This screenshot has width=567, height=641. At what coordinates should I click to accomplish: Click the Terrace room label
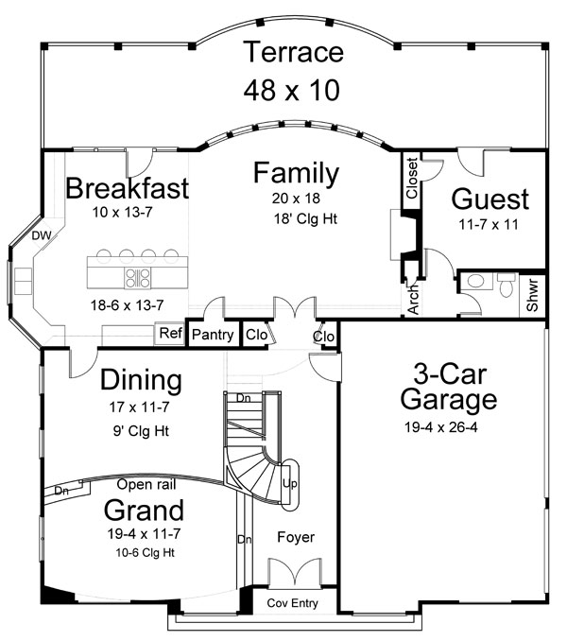292,53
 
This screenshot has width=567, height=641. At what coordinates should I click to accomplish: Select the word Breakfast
127,187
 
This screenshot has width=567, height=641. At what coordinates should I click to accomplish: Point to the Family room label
296,174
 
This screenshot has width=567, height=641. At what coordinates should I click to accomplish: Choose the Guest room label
490,199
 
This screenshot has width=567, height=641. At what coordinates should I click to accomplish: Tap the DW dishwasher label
40,234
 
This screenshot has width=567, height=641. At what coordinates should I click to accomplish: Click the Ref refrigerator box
170,334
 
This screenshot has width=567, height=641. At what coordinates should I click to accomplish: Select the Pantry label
213,335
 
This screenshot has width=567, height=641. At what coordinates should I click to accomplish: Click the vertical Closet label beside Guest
412,177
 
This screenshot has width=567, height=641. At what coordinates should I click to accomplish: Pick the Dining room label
140,381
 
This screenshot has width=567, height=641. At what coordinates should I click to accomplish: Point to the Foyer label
295,537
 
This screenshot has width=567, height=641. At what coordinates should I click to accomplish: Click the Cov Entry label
292,603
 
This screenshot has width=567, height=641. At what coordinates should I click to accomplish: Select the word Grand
143,511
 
